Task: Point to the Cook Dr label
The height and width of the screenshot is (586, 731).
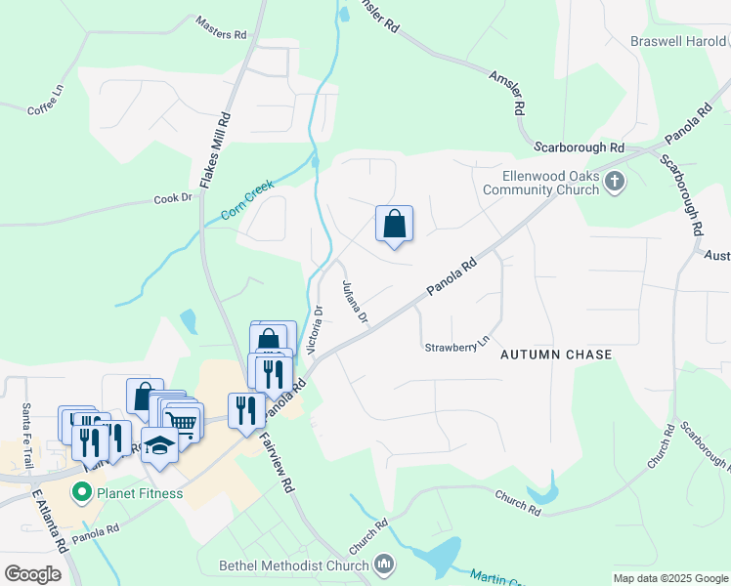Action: tap(173, 198)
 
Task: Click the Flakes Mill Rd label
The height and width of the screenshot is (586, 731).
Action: tap(215, 149)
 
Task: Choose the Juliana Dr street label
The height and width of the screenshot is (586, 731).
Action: tap(354, 303)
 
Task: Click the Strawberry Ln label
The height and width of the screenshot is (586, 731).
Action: tap(456, 346)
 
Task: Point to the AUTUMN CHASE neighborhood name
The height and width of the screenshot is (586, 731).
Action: tap(556, 355)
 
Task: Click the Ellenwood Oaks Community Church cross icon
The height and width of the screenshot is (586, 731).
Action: tap(614, 181)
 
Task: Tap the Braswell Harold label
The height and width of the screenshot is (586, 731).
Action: tap(678, 41)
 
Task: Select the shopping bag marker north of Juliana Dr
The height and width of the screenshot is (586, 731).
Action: tap(394, 225)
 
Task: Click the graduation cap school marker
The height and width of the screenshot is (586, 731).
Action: tap(160, 445)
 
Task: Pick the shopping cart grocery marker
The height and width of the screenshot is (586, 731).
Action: tap(183, 421)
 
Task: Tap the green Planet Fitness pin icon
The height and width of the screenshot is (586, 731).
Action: tap(82, 493)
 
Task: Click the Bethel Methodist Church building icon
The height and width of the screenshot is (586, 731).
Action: tap(384, 565)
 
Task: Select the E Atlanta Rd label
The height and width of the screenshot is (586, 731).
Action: tap(49, 517)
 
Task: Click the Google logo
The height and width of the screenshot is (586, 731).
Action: tap(32, 573)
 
